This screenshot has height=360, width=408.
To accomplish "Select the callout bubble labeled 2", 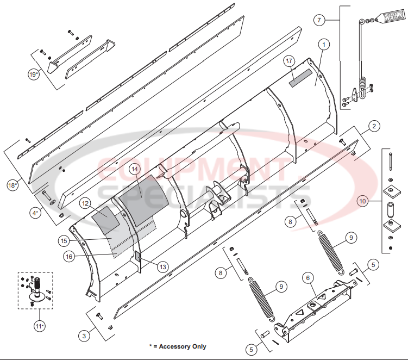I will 374,127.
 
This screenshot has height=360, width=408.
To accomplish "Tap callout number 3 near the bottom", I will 84,336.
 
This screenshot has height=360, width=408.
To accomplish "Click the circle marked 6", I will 307,278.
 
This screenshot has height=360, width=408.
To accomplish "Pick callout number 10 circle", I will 362,201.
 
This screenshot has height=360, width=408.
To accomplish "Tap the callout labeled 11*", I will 39,326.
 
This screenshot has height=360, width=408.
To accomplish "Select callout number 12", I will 85,203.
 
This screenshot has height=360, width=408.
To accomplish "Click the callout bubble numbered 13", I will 162,266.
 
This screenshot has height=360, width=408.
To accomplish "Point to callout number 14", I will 134,169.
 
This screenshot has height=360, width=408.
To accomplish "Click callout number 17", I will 289,61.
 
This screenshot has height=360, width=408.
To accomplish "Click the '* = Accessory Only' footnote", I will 178,346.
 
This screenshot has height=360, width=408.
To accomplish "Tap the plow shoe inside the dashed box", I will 35,288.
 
